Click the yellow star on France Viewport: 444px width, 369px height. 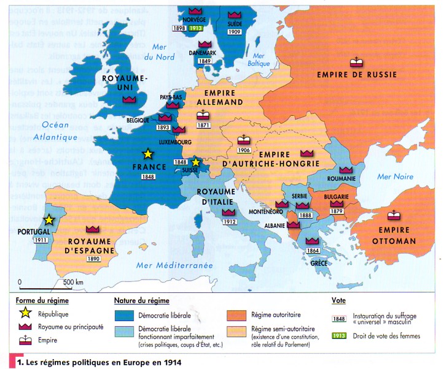(x=147, y=154)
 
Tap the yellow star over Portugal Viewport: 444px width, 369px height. (x=48, y=220)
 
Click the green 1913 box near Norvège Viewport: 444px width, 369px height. (x=197, y=29)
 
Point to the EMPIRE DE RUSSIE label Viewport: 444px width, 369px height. (x=357, y=75)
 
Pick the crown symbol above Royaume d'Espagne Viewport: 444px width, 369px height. (x=93, y=229)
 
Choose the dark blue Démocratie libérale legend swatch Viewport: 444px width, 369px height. (x=127, y=315)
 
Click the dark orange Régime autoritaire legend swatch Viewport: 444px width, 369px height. (x=238, y=315)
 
